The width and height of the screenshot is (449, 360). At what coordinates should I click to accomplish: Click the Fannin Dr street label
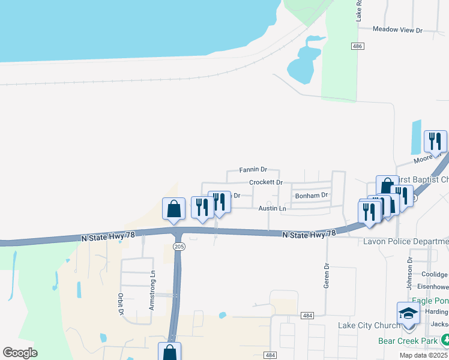[x=253, y=170]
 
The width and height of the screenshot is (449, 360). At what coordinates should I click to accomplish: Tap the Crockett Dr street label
[x=265, y=182]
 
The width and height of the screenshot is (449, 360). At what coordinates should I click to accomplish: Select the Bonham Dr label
[x=311, y=195]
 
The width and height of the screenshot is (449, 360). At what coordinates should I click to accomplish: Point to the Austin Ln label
[x=272, y=208]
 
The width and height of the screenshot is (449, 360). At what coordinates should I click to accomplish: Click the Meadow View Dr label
[x=397, y=29]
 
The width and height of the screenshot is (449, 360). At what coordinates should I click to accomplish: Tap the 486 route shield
[x=358, y=46]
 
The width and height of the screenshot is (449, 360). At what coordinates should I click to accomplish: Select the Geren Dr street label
[x=327, y=275]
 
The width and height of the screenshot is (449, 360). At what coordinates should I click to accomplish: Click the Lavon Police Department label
[x=406, y=241]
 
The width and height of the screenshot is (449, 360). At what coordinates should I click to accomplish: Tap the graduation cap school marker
[x=408, y=314]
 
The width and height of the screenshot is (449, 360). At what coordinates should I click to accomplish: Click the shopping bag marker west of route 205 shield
[x=173, y=209]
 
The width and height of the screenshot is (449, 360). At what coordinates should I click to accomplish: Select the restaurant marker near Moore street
[x=435, y=142]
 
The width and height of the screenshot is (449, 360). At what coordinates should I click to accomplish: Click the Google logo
[x=20, y=353]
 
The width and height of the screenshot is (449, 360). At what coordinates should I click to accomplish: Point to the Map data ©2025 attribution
[x=424, y=355]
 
